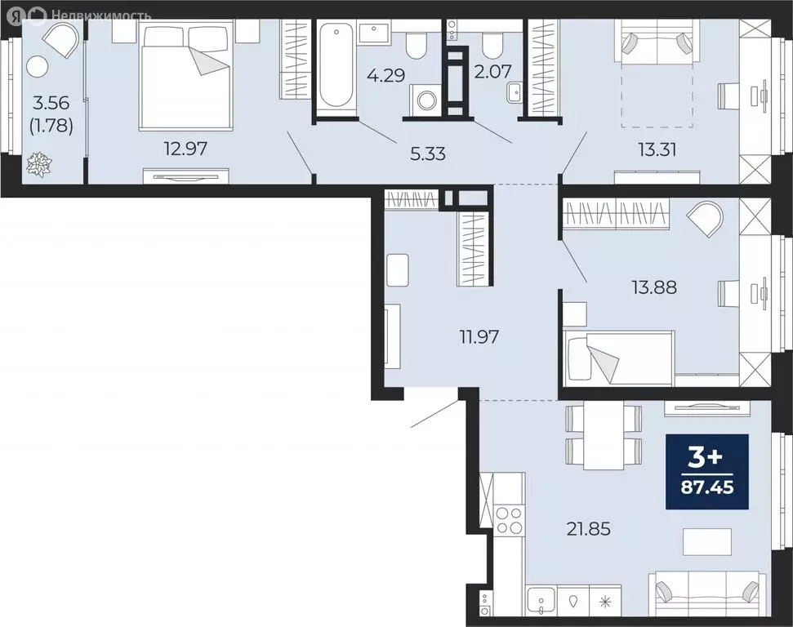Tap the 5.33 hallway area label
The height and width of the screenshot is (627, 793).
pos(427,153)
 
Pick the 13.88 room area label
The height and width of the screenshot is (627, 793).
pos(653,287)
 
